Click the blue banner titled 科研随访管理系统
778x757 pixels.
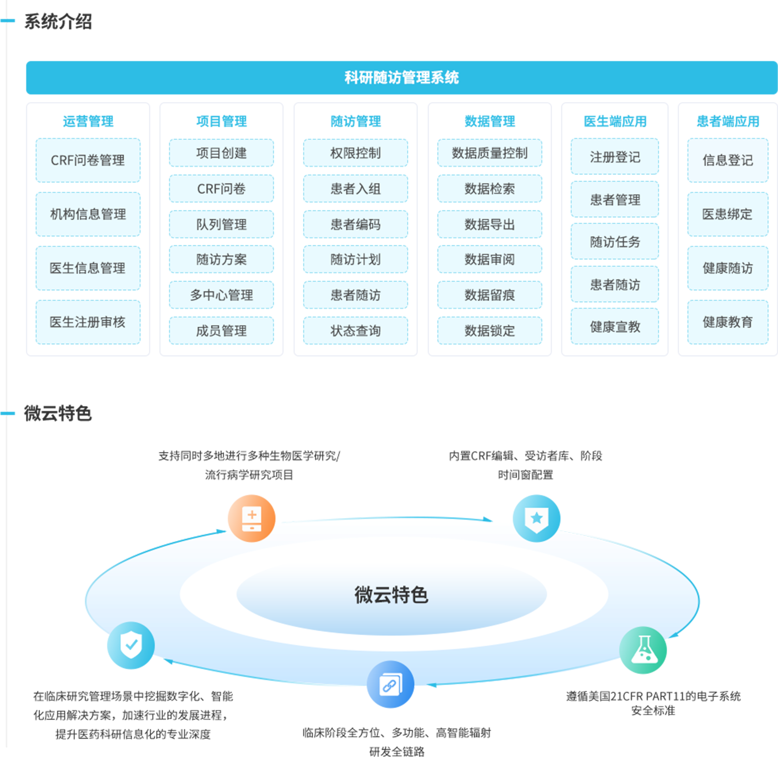[x=401, y=77]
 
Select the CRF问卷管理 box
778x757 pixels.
[x=88, y=160]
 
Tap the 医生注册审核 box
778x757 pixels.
[x=88, y=322]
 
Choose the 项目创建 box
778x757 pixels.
[x=221, y=153]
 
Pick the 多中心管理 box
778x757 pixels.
[x=221, y=295]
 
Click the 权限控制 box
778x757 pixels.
[x=356, y=153]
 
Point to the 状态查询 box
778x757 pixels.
[x=356, y=331]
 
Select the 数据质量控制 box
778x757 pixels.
[x=490, y=153]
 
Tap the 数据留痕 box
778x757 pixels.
[x=490, y=295]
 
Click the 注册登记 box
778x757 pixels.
[x=615, y=157]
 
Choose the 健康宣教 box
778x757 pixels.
[x=615, y=327]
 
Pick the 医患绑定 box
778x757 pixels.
[x=728, y=214]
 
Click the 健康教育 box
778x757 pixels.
[x=728, y=322]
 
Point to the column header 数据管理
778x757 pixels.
[x=490, y=121]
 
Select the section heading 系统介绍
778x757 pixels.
[x=58, y=21]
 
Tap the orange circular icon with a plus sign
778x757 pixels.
[x=251, y=518]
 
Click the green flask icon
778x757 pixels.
[x=643, y=650]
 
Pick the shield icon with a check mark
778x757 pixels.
[x=131, y=645]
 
